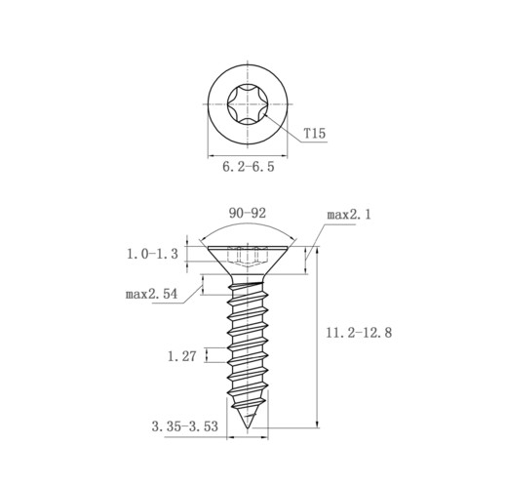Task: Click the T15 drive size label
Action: [x=315, y=134]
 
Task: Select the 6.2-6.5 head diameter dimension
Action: [x=249, y=167]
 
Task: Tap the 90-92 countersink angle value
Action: [x=248, y=213]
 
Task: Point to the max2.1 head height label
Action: [x=349, y=215]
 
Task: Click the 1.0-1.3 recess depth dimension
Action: [x=152, y=254]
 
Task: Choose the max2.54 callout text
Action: [x=152, y=294]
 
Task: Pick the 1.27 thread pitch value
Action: [x=182, y=356]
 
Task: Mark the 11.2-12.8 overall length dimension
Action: [x=359, y=333]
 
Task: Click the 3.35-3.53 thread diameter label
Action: [x=185, y=426]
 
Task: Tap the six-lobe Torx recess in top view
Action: [x=248, y=104]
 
